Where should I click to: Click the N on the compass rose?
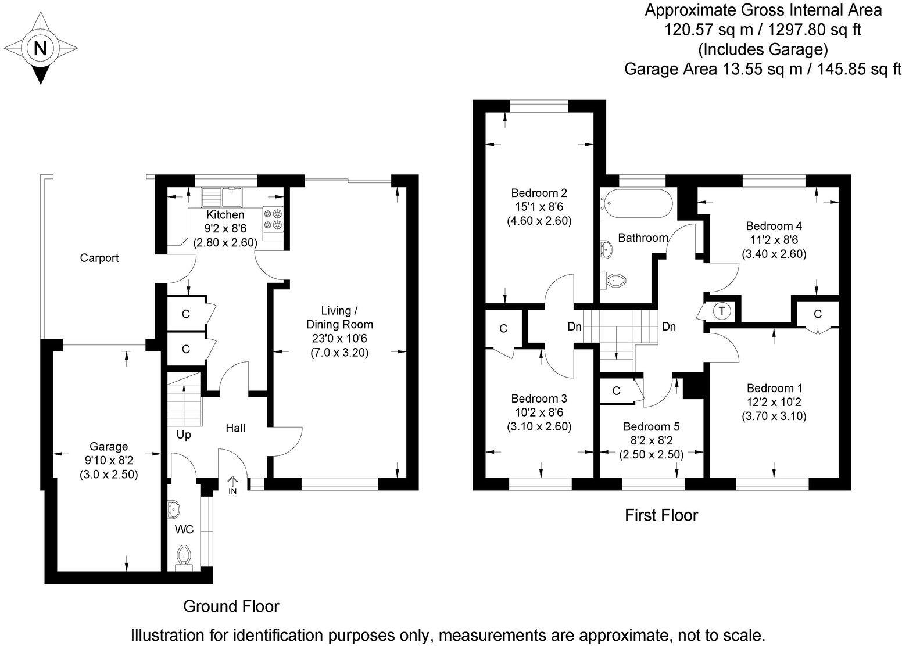[x=40, y=48]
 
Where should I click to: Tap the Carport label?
[x=99, y=258]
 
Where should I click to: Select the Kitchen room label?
[x=226, y=215]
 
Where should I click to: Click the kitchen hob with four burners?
[x=273, y=219]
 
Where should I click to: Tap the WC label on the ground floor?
[x=184, y=529]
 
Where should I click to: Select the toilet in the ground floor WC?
[x=184, y=555]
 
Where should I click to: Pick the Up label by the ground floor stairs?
[x=184, y=435]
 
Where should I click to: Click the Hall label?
[x=235, y=428]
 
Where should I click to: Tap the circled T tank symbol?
[x=722, y=311]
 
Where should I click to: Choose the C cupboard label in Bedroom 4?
[x=818, y=314]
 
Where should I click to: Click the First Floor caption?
[x=661, y=515]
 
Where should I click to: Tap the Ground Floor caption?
[x=231, y=606]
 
